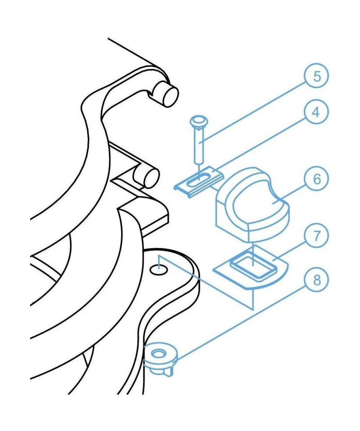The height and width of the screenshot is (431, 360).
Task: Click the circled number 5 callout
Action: pos(317,76)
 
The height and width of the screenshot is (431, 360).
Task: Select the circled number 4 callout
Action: pos(317,112)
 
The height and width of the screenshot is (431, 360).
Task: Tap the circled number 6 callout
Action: pos(317,179)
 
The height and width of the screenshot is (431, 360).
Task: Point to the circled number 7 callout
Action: pos(317,236)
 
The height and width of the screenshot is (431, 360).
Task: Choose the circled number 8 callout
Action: pos(317,281)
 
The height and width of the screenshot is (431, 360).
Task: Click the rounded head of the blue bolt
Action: pos(199,121)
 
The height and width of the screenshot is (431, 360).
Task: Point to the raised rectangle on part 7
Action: pos(253,265)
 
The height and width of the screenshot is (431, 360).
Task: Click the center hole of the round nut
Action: pos(157,353)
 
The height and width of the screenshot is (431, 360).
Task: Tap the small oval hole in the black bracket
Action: pos(159,270)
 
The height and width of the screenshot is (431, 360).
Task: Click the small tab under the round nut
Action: pos(170,372)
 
